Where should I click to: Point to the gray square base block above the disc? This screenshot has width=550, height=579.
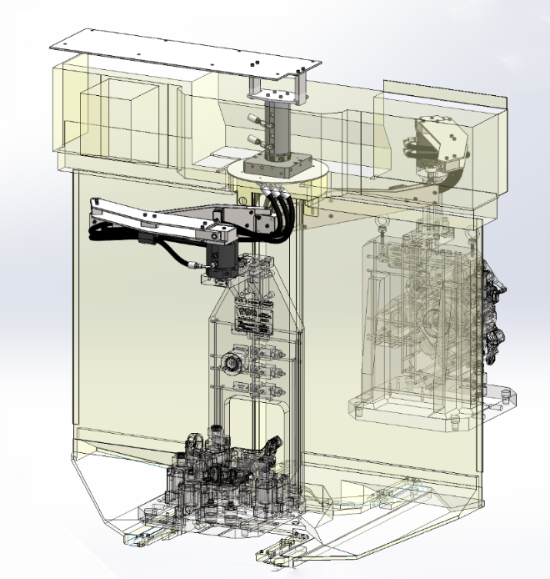coord(280,161)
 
